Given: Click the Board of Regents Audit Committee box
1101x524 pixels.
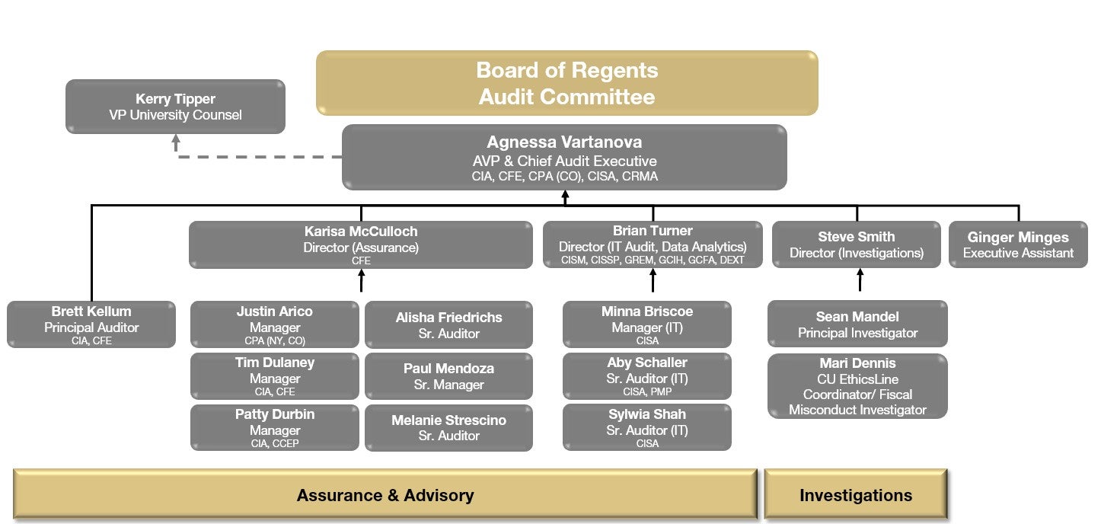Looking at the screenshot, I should [x=566, y=83].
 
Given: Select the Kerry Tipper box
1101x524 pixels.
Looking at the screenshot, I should [x=175, y=107].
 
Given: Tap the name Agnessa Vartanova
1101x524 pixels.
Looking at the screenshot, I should [x=564, y=142].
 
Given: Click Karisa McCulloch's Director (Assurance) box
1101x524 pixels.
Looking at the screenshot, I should [x=360, y=244].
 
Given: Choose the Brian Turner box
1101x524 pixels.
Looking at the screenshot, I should [x=652, y=244].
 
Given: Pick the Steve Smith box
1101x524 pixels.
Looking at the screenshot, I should [x=856, y=244].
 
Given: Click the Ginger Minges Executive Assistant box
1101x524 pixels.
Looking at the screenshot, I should [x=1018, y=244].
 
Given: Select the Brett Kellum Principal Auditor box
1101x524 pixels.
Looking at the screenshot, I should [x=91, y=324].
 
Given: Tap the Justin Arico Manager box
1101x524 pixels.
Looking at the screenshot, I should [x=274, y=324].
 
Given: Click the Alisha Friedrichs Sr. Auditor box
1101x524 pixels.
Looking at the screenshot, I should [x=448, y=325].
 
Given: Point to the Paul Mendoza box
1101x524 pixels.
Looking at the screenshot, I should [x=448, y=376].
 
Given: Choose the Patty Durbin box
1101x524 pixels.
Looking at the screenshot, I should [x=274, y=428].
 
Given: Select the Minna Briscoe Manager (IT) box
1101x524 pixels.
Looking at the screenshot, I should [x=646, y=324].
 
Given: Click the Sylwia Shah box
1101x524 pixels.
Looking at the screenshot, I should [x=646, y=428].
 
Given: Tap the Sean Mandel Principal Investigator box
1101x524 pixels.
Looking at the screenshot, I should [x=857, y=324].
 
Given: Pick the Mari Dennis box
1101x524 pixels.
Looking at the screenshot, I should [x=857, y=386].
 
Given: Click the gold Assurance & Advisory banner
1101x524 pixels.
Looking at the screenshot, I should [x=385, y=495].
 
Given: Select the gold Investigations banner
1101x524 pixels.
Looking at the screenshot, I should [x=856, y=495].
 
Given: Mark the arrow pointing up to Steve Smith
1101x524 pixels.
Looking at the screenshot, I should [x=860, y=280].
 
